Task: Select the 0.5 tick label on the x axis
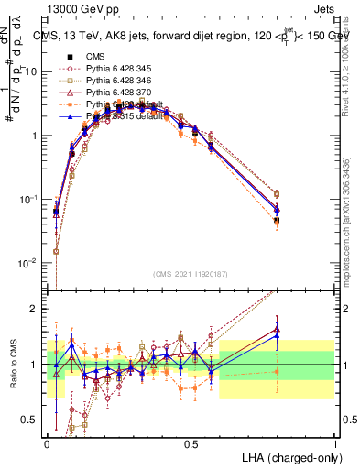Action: point(191,442)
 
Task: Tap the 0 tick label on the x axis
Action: point(48,442)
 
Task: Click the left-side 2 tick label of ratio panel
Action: point(39,310)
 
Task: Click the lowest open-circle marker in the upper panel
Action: point(57,251)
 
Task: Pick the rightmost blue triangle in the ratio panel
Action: point(278,335)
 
